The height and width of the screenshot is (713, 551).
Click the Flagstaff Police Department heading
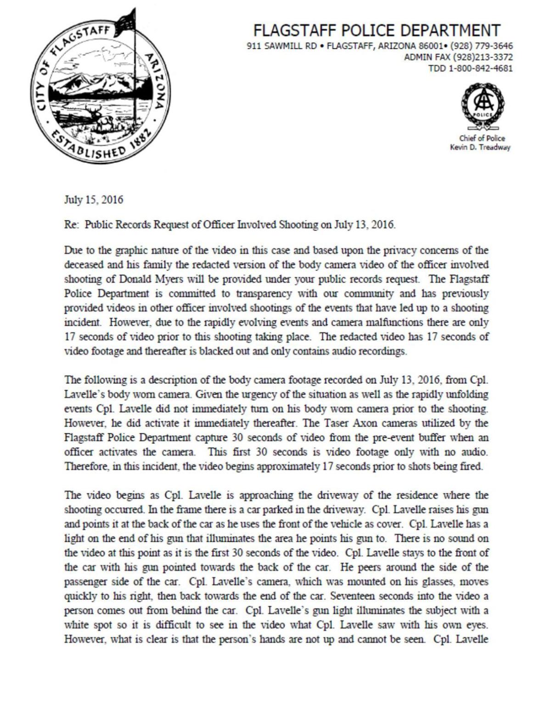click(377, 30)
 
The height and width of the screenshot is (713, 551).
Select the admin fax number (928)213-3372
click(483, 57)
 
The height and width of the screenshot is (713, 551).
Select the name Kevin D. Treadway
click(480, 147)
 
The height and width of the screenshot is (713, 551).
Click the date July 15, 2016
click(94, 200)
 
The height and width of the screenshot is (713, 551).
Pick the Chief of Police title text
click(482, 138)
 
